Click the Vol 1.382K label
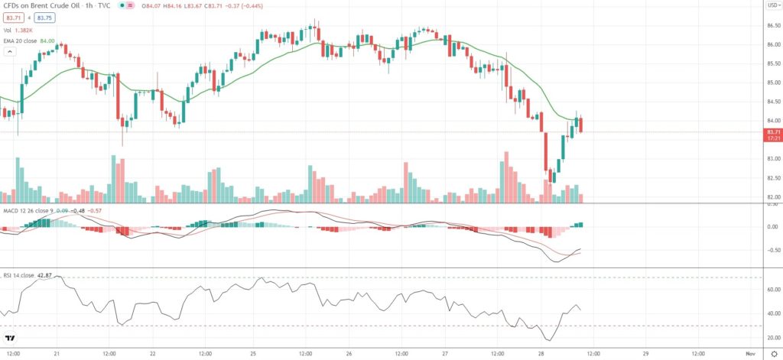[17, 30]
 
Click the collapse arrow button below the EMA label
[10, 52]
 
